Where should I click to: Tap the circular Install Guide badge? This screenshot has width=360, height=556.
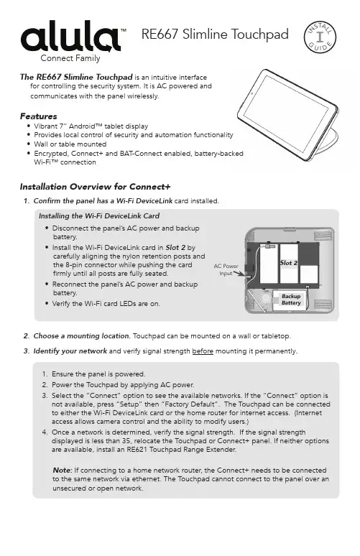(x=320, y=37)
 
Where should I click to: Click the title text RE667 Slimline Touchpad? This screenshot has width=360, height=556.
(x=215, y=34)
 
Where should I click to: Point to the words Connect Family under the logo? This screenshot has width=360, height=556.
(x=70, y=58)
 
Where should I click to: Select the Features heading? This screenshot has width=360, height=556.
(x=38, y=116)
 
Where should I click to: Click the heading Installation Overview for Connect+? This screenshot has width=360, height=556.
(x=95, y=187)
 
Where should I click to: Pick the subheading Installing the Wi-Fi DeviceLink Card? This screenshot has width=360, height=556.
(x=99, y=216)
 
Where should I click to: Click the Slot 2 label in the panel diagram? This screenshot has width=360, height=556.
(x=289, y=263)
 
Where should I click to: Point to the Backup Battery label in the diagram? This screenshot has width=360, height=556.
(x=291, y=300)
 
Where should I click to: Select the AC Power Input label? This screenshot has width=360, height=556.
(x=226, y=270)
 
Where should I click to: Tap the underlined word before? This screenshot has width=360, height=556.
(x=203, y=351)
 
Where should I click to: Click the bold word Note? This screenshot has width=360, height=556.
(x=63, y=471)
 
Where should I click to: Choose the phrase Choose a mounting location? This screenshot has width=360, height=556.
(x=82, y=335)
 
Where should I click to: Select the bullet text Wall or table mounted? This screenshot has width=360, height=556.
(x=70, y=144)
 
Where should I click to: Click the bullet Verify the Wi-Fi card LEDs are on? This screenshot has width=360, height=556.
(x=106, y=304)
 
